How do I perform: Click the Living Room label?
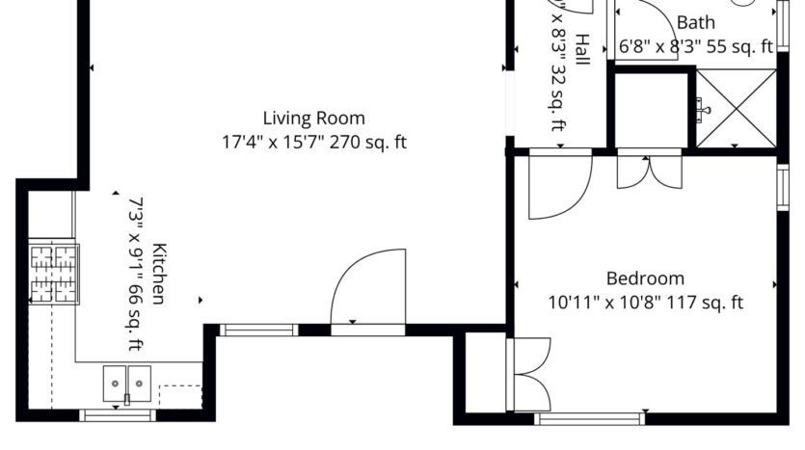[314, 119]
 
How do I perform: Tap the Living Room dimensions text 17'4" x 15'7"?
[314, 143]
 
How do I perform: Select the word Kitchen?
[157, 273]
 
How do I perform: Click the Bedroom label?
[645, 278]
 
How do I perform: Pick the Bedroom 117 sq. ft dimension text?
[645, 303]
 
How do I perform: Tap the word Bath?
[695, 22]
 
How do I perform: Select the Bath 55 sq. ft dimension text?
[695, 45]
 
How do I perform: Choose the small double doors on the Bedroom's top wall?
[649, 169]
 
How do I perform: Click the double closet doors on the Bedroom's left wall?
[530, 374]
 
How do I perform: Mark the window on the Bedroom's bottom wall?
[589, 419]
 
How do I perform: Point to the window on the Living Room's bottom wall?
[258, 331]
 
